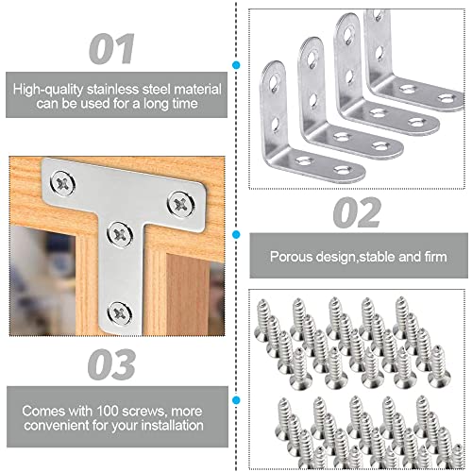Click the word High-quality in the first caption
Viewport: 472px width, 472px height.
(x=49, y=87)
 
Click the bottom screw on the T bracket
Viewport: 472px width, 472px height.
(x=117, y=309)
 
